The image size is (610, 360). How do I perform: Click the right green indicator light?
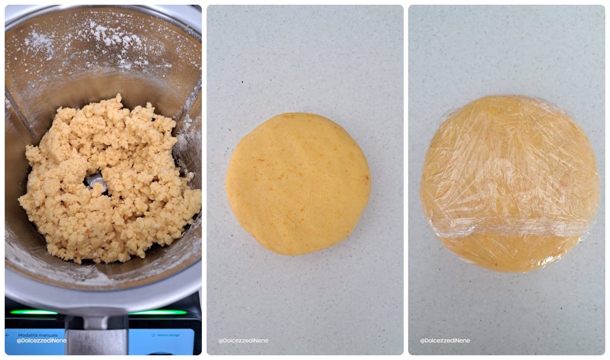click(x=158, y=312)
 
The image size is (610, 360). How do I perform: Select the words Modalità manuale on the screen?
click(x=38, y=335)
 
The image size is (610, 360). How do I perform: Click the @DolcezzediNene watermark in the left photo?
click(x=41, y=341)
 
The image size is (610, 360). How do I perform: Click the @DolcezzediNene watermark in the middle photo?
click(x=243, y=341)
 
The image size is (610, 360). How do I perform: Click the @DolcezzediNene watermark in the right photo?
click(x=444, y=341)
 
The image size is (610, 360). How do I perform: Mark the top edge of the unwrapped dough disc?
click(x=298, y=115)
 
